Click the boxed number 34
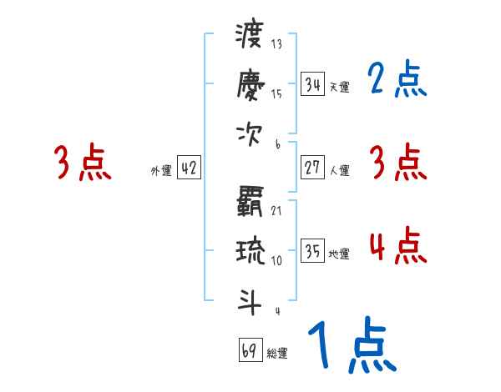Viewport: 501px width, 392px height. point(313,83)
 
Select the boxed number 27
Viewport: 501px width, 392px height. point(313,168)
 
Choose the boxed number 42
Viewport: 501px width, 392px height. point(189,168)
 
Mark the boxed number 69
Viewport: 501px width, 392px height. point(250,350)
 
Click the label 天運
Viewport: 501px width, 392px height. point(339,87)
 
